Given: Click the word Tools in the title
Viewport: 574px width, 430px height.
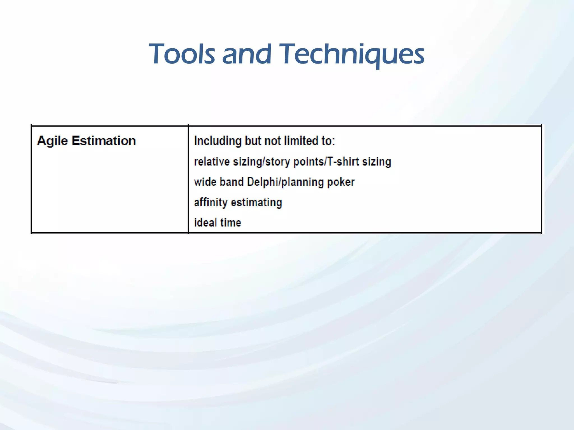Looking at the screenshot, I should [x=182, y=54].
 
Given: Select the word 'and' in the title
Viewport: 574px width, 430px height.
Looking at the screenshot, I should [x=247, y=54].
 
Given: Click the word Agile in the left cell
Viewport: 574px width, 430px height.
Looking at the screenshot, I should [x=52, y=141].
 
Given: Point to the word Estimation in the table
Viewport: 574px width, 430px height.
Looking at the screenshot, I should [x=103, y=141].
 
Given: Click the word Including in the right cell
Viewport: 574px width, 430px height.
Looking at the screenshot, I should [x=217, y=141].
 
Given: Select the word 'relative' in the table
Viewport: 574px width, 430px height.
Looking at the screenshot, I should [x=212, y=162].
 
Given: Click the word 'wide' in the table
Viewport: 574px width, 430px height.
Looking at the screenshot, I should [x=205, y=182].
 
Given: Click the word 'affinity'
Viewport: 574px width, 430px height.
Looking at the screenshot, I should [x=210, y=202].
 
